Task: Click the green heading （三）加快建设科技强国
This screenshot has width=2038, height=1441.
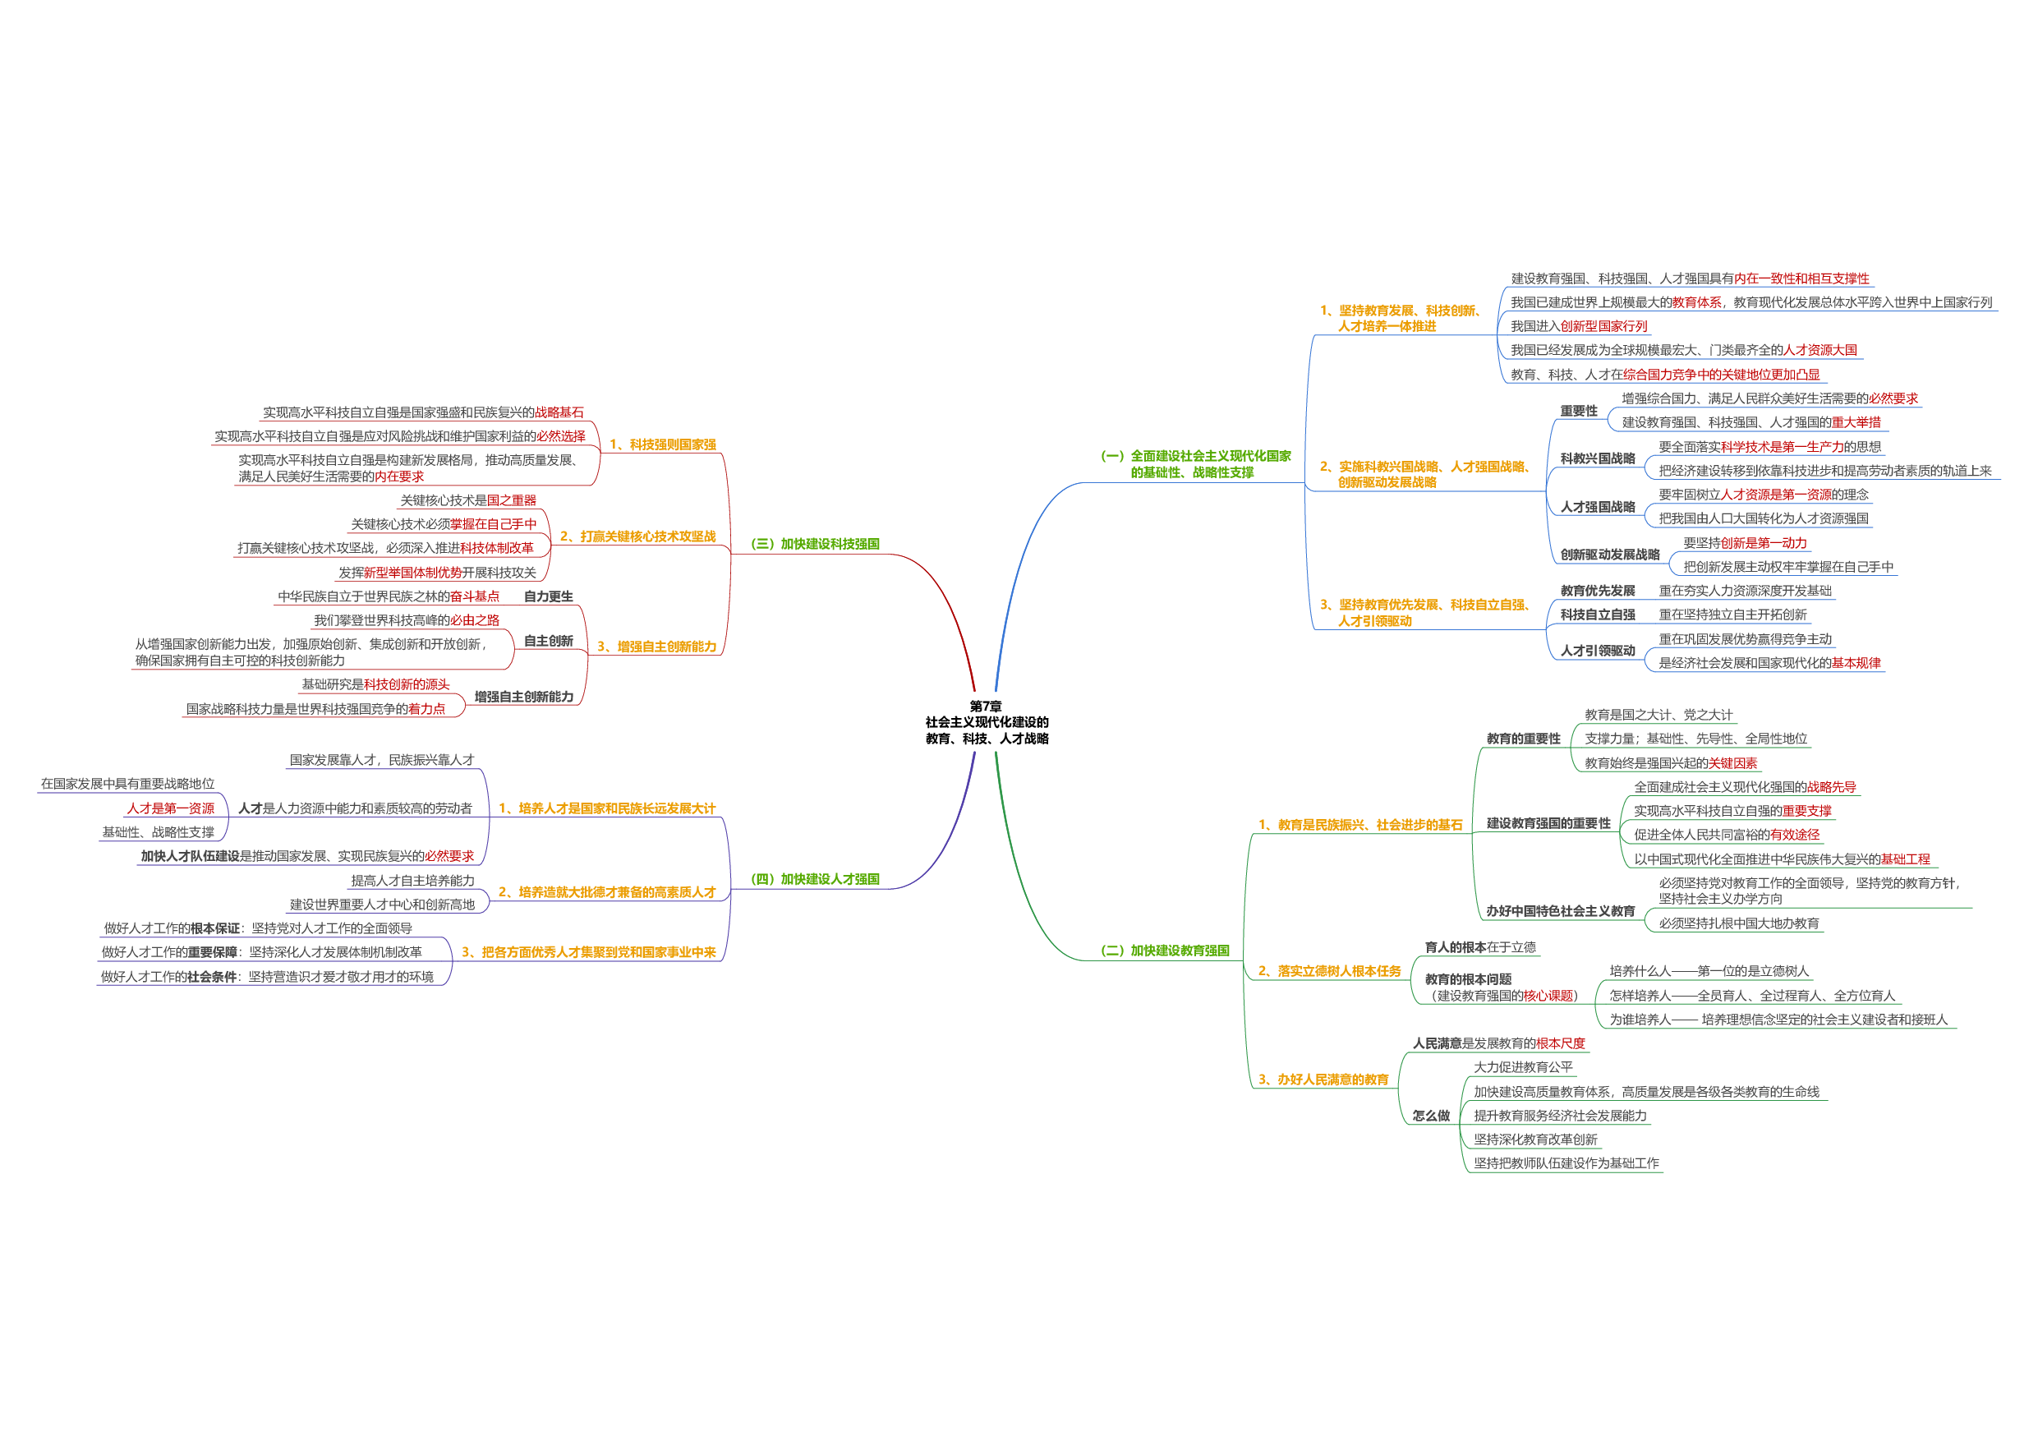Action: click(815, 544)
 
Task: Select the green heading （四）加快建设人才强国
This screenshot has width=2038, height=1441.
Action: click(815, 879)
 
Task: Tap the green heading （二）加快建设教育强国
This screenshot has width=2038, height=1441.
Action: click(1165, 951)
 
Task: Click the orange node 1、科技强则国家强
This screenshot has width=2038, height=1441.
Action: click(662, 444)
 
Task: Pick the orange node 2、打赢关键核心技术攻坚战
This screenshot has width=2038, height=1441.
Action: click(637, 537)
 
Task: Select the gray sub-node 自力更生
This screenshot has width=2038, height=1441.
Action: click(548, 596)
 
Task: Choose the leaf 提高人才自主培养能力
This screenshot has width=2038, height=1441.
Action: click(412, 881)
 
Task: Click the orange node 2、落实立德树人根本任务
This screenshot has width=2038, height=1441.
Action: click(1329, 971)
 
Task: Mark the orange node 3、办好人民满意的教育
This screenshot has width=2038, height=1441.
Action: click(1323, 1080)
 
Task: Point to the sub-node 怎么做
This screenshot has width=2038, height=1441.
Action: click(1431, 1116)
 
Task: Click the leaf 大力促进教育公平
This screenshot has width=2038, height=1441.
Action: click(1523, 1067)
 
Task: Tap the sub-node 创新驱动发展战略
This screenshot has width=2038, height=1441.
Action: click(1609, 555)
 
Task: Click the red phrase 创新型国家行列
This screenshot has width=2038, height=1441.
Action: click(1603, 327)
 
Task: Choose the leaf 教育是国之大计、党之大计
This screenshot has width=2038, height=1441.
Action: click(1658, 715)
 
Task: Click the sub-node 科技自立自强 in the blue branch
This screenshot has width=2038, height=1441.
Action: click(1597, 615)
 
